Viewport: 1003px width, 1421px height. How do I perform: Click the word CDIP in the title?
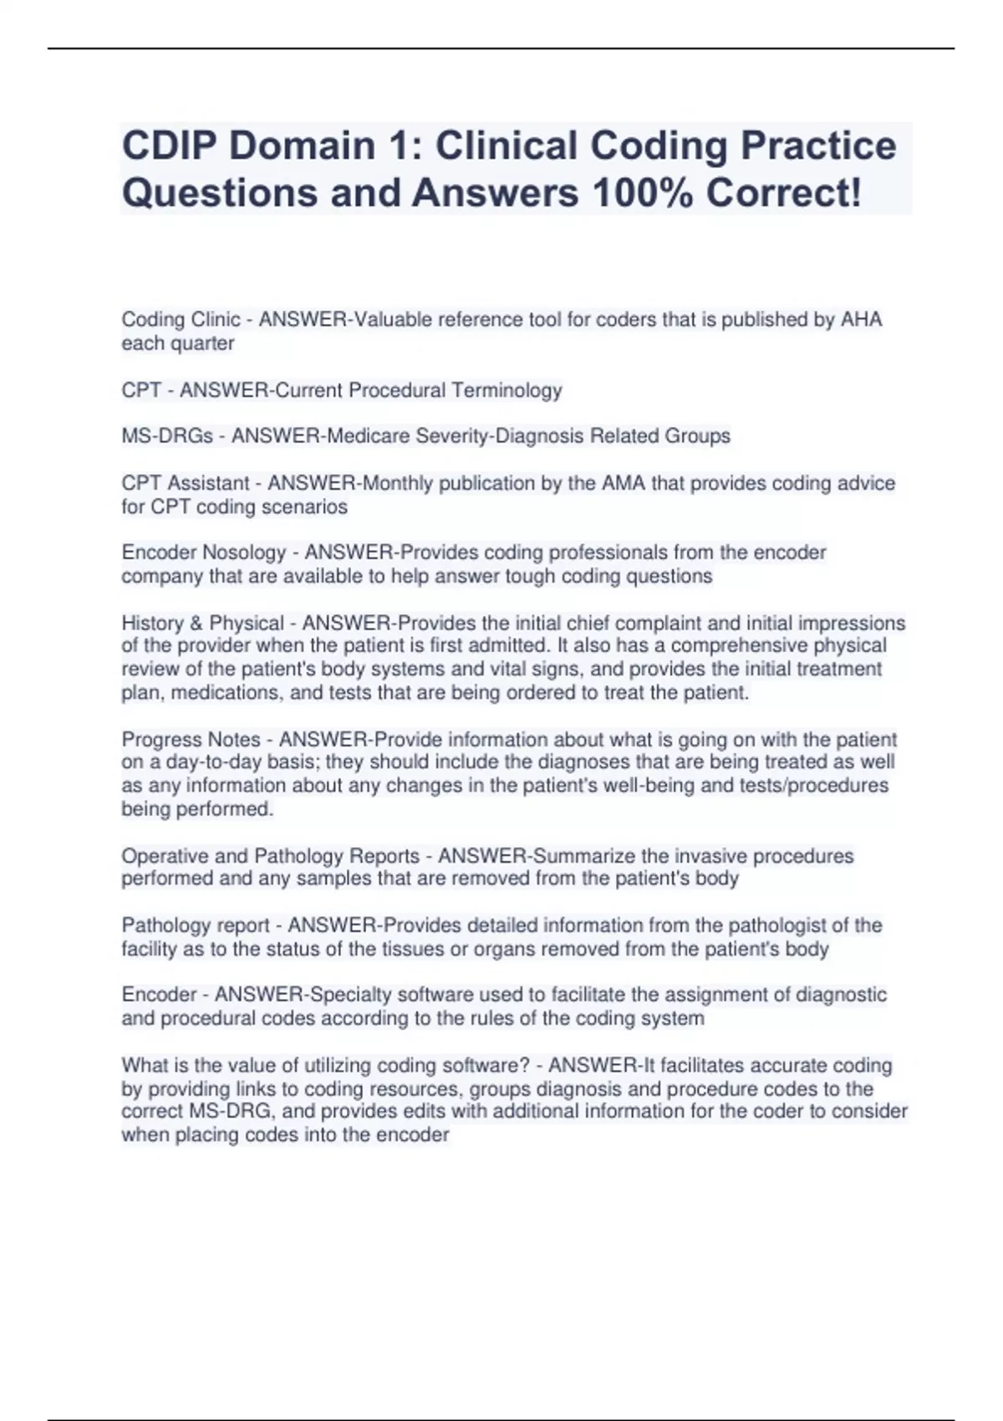coord(165,145)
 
